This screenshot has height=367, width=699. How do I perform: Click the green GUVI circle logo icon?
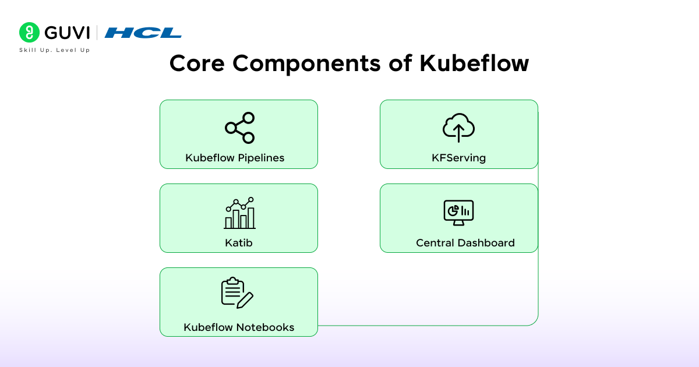[29, 33]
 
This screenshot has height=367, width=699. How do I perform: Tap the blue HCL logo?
[143, 33]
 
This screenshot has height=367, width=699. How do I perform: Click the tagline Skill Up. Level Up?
[55, 51]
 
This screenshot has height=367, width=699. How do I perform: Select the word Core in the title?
[196, 63]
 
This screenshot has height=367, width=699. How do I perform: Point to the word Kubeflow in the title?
[474, 63]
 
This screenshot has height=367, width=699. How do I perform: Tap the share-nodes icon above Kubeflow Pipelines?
[239, 128]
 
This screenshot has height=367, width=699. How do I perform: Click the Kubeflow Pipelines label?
[235, 158]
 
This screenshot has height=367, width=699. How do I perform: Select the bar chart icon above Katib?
[239, 213]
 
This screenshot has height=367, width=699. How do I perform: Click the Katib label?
[239, 242]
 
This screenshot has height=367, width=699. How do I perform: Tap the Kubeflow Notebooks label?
[239, 327]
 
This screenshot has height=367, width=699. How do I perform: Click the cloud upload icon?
[458, 128]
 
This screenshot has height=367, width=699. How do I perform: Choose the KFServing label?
[458, 158]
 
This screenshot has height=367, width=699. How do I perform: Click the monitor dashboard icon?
[458, 213]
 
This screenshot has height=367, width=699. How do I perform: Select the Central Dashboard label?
[465, 243]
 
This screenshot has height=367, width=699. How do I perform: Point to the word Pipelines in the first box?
[261, 158]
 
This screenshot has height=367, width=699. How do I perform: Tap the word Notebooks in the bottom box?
[265, 327]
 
